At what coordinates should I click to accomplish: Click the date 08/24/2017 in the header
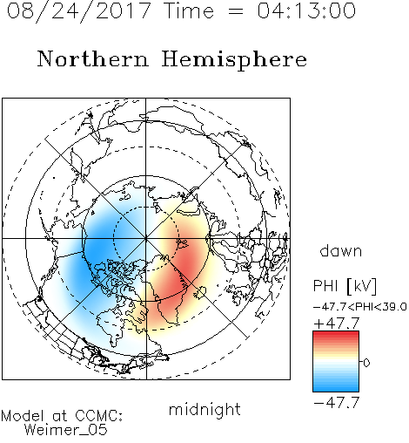pyautogui.click(x=79, y=11)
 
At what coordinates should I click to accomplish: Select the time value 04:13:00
pyautogui.click(x=306, y=10)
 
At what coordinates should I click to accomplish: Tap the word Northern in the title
pyautogui.click(x=93, y=58)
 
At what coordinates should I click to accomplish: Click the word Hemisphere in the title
pyautogui.click(x=234, y=60)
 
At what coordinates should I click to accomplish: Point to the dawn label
pyautogui.click(x=341, y=250)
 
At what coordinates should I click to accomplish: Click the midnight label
pyautogui.click(x=204, y=409)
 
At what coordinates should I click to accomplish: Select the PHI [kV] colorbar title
pyautogui.click(x=345, y=286)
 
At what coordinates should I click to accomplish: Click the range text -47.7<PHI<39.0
pyautogui.click(x=360, y=307)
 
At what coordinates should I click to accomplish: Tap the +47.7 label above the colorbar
pyautogui.click(x=337, y=324)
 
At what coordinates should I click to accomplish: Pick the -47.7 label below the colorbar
pyautogui.click(x=337, y=402)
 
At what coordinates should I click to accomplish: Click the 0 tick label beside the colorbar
pyautogui.click(x=366, y=363)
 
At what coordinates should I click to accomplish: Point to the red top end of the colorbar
pyautogui.click(x=336, y=333)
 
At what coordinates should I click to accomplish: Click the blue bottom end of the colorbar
pyautogui.click(x=336, y=389)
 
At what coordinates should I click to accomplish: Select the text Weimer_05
pyautogui.click(x=66, y=430)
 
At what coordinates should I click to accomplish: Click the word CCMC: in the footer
pyautogui.click(x=98, y=416)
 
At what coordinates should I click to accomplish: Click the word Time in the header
pyautogui.click(x=189, y=10)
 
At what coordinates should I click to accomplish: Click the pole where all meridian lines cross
pyautogui.click(x=146, y=238)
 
